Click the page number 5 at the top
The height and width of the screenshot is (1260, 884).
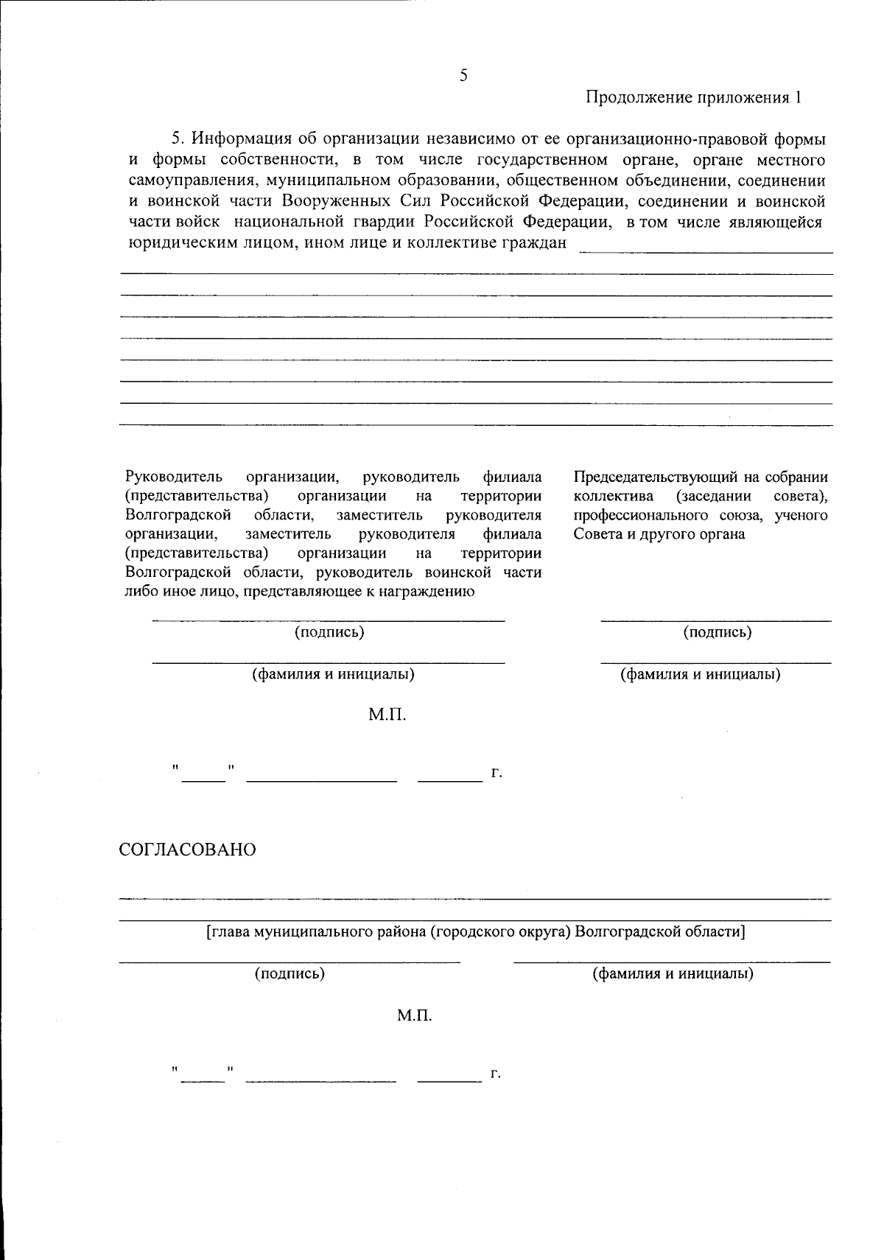pyautogui.click(x=463, y=75)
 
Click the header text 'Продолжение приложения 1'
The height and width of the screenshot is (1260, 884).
pyautogui.click(x=692, y=97)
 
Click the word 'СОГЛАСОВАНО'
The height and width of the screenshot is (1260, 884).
pyautogui.click(x=188, y=850)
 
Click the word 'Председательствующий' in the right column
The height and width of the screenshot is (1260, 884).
pyautogui.click(x=647, y=477)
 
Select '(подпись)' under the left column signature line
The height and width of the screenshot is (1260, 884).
pyautogui.click(x=329, y=631)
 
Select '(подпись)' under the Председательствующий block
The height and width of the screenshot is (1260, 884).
pyautogui.click(x=718, y=631)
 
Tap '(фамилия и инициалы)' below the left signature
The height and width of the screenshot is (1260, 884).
pyautogui.click(x=333, y=673)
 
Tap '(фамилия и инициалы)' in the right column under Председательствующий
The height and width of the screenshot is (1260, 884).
pyautogui.click(x=700, y=673)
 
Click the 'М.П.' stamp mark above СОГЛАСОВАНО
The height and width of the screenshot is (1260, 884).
pyautogui.click(x=387, y=715)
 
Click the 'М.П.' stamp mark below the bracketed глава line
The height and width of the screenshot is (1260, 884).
pyautogui.click(x=414, y=1016)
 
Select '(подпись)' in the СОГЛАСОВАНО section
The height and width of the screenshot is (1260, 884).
pyautogui.click(x=290, y=973)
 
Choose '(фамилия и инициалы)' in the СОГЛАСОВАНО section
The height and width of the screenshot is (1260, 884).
pyautogui.click(x=673, y=973)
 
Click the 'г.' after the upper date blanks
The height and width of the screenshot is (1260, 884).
pyautogui.click(x=497, y=773)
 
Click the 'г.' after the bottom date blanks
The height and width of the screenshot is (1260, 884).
pyautogui.click(x=496, y=1074)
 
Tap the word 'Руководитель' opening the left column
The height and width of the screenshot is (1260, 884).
pyautogui.click(x=174, y=477)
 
